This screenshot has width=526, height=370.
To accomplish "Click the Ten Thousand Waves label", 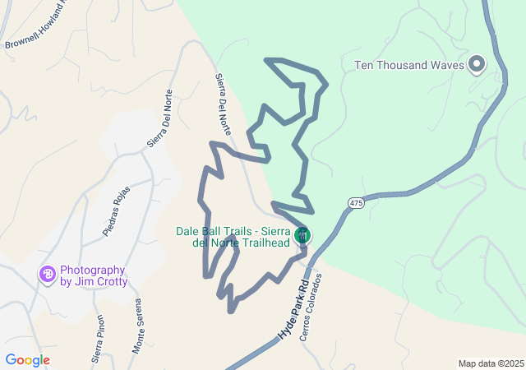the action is coord(408,65).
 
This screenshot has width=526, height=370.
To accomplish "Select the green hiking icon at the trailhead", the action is coord(303,234).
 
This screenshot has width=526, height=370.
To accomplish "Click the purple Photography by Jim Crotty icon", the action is coord(48,274).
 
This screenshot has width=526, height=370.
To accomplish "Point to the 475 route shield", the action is coord(355,202).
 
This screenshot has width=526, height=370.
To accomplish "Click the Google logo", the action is coord(27,360).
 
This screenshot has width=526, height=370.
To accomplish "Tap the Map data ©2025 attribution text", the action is coord(490,363).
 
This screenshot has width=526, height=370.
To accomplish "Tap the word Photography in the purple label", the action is coord(92,270).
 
